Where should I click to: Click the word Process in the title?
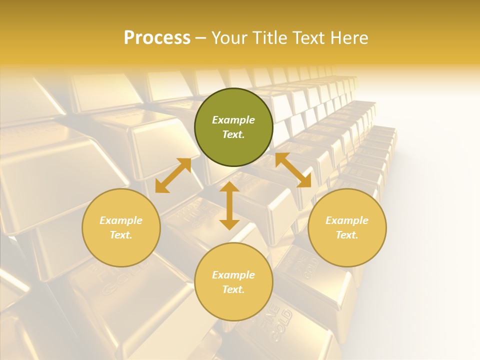coord(157,38)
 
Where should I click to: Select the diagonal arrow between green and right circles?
coord(293,170)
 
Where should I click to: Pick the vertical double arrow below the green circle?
coord(229,205)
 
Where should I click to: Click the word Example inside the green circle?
coord(233,120)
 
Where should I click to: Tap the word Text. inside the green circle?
coord(233,134)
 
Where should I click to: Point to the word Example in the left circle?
coord(121,220)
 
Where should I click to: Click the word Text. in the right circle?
coord(347,235)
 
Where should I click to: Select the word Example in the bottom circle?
coord(233,275)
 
